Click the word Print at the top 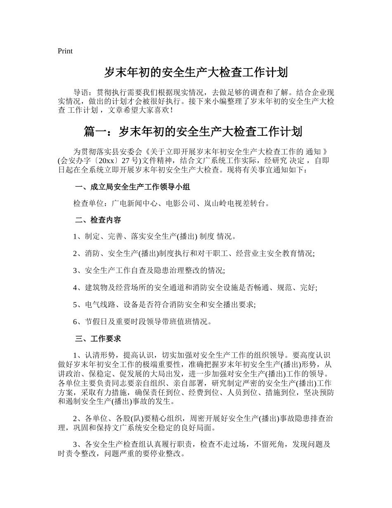[65, 51]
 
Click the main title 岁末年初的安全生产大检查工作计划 [196, 73]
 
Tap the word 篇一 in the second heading [95, 132]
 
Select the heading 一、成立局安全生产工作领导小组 [132, 187]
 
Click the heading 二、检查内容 [98, 220]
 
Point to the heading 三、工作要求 [98, 339]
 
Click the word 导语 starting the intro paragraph [80, 92]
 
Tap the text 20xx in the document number [102, 161]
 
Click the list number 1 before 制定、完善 [76, 237]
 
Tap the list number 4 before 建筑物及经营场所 [76, 287]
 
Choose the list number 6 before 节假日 [76, 321]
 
